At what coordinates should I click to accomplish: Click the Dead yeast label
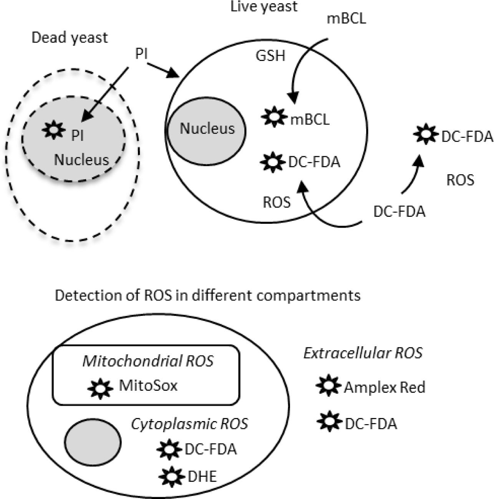coord(70,38)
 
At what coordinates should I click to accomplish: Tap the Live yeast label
coord(264,7)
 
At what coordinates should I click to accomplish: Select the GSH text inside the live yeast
coord(270,56)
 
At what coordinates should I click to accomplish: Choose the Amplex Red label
coord(385,387)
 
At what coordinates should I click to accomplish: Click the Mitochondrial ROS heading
coord(148,361)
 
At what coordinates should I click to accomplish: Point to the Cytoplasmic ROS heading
coord(189,424)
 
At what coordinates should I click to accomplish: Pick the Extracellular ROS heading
coord(363,353)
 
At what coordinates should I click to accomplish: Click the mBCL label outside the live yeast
coord(346,18)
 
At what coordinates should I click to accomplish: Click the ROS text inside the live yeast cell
coord(277,202)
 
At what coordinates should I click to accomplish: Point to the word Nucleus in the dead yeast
coord(81,160)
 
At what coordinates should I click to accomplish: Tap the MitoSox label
coord(148,385)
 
